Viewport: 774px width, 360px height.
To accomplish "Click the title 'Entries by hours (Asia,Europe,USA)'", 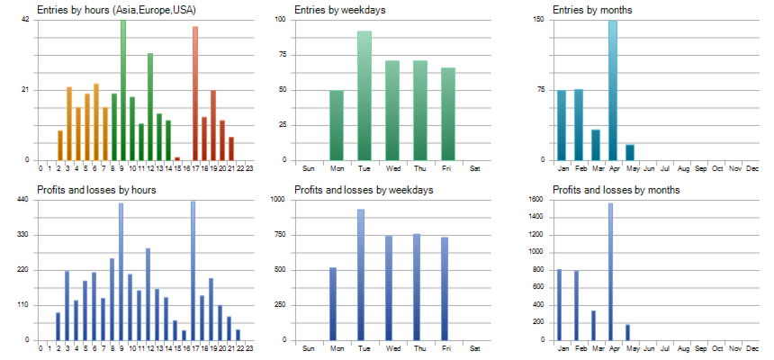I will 117,10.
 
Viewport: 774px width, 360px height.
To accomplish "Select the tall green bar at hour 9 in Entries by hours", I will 123,90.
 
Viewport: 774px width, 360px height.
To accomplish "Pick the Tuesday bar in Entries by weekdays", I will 364,95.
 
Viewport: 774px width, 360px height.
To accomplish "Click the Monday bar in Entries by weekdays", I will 337,125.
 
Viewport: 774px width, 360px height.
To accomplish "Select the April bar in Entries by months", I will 613,90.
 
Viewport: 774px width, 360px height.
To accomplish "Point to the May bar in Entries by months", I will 630,152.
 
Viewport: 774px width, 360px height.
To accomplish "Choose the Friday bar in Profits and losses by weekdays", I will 445,289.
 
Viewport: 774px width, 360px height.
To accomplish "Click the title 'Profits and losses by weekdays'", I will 364,190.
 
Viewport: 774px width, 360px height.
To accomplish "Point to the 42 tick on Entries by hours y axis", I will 25,20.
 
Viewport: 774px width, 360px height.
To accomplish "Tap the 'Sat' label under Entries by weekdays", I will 475,168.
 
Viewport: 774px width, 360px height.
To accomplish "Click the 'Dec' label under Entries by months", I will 752,168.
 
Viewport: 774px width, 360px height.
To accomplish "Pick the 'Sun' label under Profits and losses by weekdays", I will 309,348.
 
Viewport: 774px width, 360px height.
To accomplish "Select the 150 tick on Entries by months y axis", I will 539,20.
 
